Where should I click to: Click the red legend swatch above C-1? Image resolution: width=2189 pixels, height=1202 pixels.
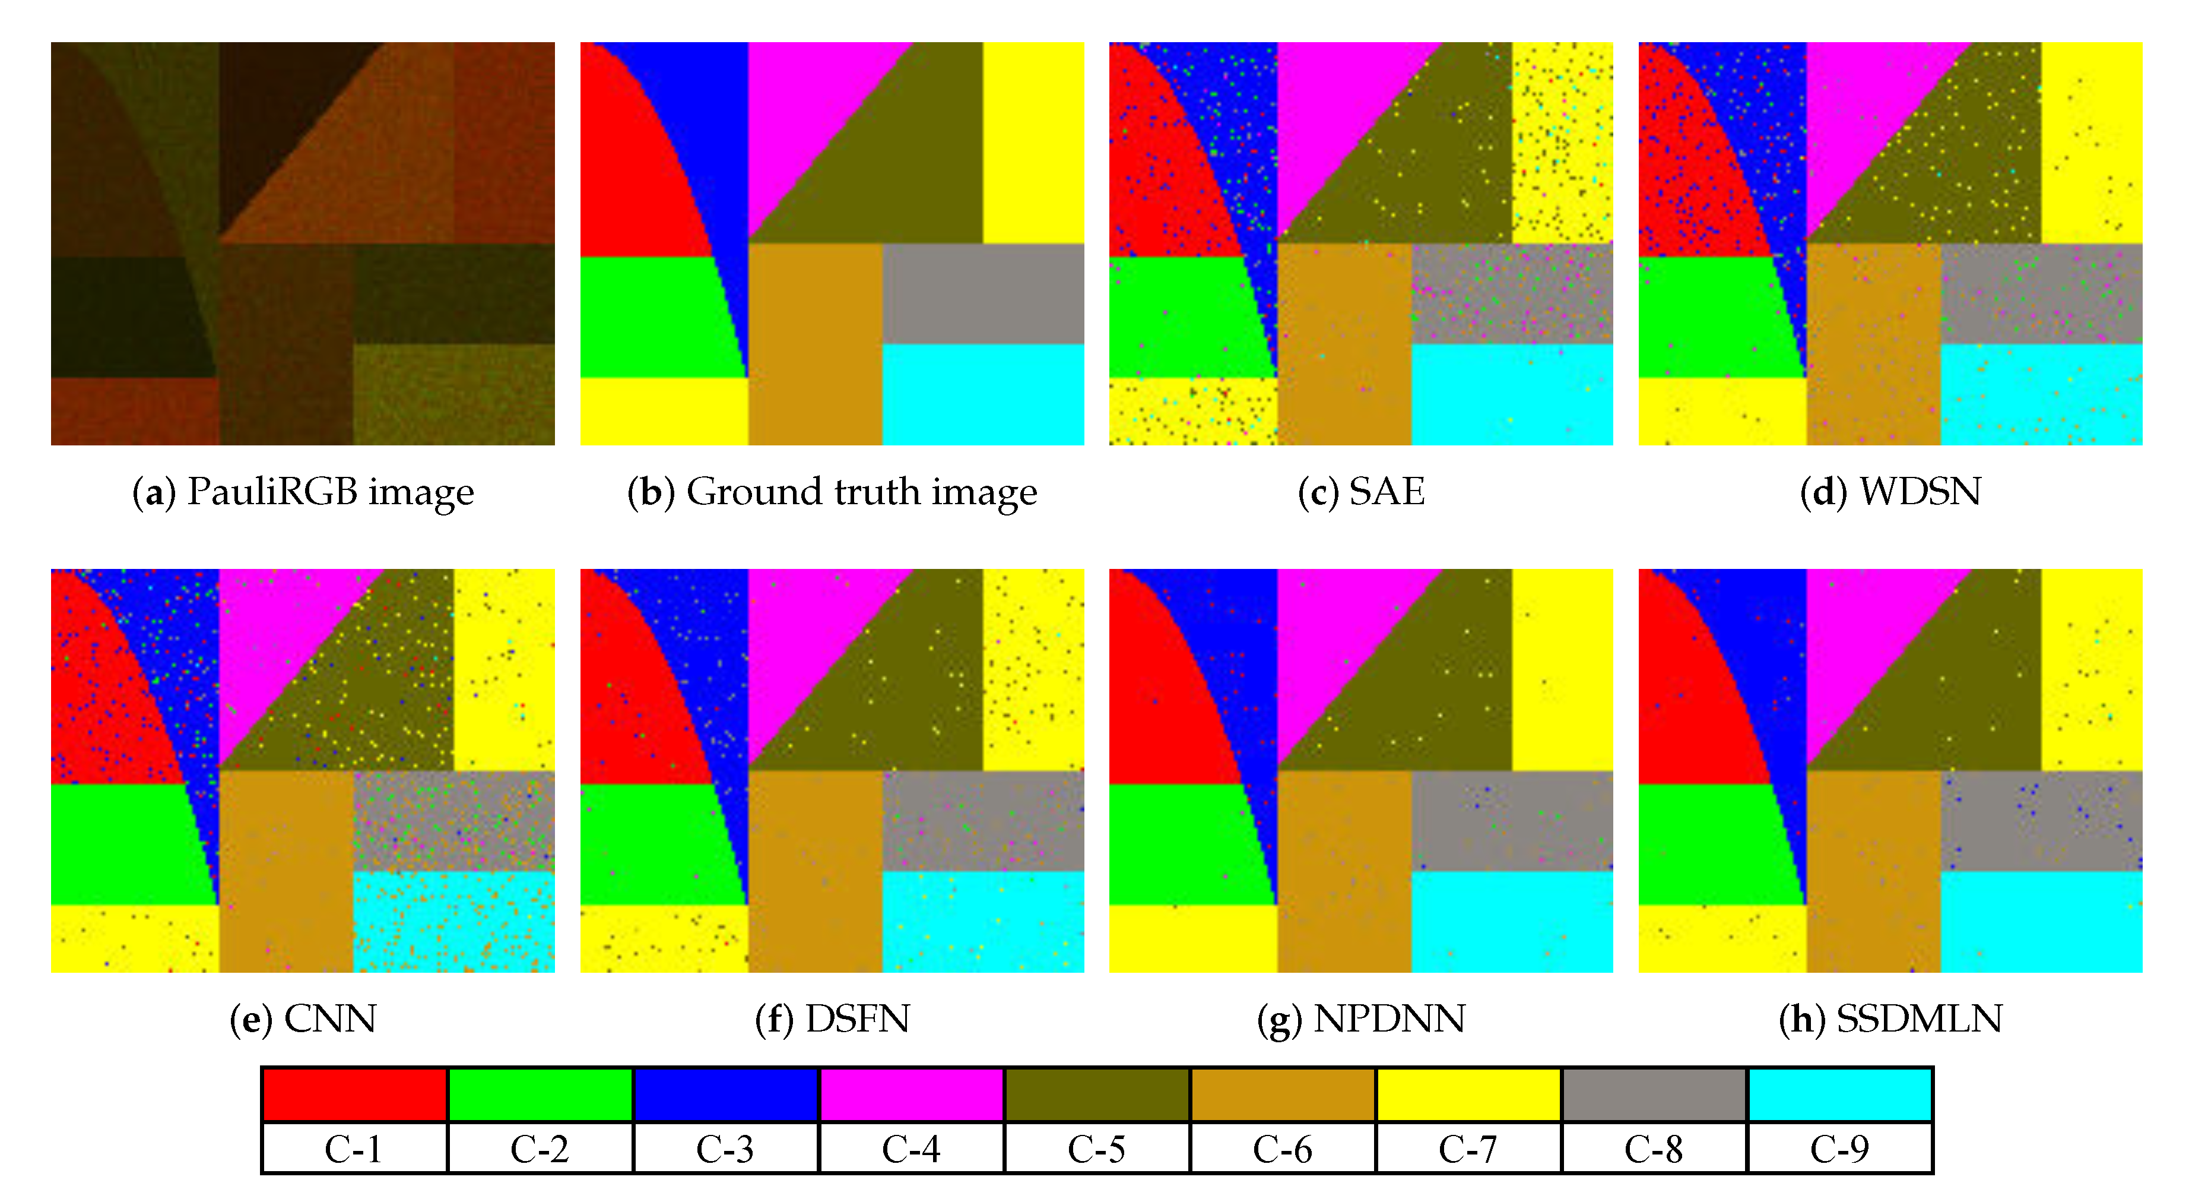(354, 1095)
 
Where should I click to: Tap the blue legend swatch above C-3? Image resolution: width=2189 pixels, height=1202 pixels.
(726, 1095)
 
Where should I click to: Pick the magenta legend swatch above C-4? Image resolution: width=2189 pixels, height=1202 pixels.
(912, 1095)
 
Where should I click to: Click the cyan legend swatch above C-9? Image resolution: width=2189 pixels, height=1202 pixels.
(1841, 1095)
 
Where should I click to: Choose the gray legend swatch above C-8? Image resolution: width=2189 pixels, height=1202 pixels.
(1654, 1095)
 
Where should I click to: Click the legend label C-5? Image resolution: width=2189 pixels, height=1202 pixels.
(1097, 1149)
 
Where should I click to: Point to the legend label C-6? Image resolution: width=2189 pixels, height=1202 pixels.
(1282, 1149)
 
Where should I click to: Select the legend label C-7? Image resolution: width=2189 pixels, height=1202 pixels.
(1468, 1149)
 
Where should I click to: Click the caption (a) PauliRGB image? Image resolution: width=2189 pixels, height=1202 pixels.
(303, 492)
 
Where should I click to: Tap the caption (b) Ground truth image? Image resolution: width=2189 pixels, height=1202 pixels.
(832, 492)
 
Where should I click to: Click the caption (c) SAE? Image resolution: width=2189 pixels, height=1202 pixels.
(1362, 492)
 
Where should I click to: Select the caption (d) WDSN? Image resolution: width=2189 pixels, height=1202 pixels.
(1890, 492)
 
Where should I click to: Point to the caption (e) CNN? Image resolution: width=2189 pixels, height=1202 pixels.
(303, 1019)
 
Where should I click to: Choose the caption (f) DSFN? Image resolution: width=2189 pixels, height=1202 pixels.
(832, 1019)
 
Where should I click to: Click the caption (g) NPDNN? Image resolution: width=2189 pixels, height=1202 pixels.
(1362, 1019)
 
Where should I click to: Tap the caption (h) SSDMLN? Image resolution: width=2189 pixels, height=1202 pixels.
(1890, 1019)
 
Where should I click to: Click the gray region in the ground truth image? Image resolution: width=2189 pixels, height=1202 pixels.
(983, 293)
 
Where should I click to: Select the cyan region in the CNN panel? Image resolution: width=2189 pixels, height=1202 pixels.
(454, 922)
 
